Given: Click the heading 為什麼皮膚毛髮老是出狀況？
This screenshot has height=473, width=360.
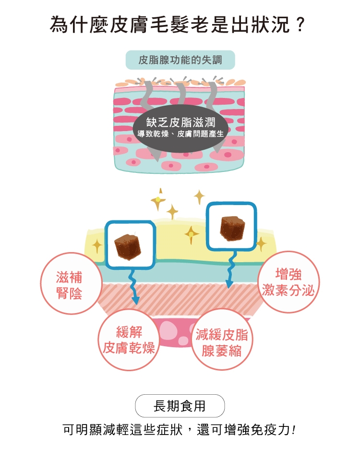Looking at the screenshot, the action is coord(178,25).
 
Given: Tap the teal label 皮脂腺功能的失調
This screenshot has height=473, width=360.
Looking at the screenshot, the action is coord(180,60).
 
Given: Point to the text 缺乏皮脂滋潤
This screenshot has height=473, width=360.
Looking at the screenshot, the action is coord(181,122).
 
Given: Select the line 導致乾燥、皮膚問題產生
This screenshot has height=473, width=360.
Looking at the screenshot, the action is coord(181,133).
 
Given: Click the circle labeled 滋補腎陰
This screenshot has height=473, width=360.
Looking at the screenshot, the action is coord(71,283).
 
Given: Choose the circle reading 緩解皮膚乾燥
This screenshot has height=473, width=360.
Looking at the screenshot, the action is coord(129,340).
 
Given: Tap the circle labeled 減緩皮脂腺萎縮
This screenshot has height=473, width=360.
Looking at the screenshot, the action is coord(222,340).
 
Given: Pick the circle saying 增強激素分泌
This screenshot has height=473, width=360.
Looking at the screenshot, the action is coord(288,282).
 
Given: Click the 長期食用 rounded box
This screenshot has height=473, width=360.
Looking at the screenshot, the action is coord(180,406).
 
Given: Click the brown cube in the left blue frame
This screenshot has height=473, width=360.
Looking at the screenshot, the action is coord(128,246).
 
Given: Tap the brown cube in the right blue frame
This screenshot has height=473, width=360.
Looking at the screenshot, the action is coord(232,228).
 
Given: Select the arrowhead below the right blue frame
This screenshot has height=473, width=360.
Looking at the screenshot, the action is coord(229,284).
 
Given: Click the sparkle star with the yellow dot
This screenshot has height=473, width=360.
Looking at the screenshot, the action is coord(158,200).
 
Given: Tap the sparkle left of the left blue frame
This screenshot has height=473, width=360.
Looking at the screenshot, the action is coord(97,246).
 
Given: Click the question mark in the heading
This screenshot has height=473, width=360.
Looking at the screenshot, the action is coord(300,25).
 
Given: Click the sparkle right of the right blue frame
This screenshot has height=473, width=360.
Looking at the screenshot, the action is coord(261,244).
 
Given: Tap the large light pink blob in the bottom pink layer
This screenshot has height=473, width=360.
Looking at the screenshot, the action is coord(168,330).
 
